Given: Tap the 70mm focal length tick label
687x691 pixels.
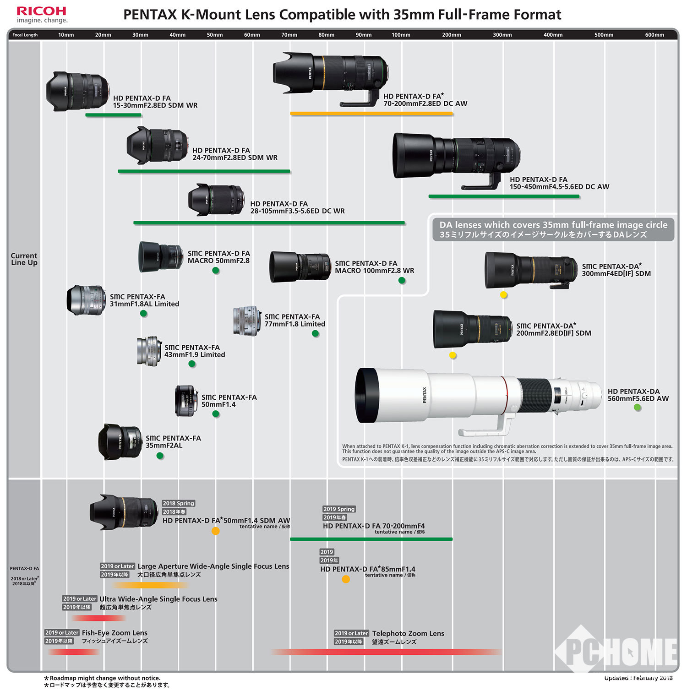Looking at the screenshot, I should point(289,35).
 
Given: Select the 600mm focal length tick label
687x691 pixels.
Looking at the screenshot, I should point(654,35).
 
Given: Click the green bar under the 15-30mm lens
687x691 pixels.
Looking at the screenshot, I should point(113,115).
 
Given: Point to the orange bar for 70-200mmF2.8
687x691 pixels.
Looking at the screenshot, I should point(371,114).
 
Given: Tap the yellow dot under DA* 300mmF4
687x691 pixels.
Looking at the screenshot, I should point(503,295).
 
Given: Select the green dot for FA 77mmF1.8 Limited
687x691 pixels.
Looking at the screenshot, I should point(315,334).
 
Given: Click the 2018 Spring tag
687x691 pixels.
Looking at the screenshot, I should point(179,503).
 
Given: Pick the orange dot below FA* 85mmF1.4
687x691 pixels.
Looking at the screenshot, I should point(346,579).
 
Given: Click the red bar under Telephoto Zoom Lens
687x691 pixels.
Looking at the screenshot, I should point(386,652).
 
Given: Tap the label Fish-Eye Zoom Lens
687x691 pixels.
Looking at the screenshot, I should point(114,633).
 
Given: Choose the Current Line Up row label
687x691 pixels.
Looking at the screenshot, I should point(24,259).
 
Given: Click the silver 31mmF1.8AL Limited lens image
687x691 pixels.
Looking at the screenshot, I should point(86,300).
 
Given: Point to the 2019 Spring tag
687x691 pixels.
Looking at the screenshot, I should point(339,509).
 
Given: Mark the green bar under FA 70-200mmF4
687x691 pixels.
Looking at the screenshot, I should point(371,539).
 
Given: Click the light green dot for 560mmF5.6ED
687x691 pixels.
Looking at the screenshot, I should point(637,407).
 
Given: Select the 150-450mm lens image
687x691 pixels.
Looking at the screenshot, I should point(456,158).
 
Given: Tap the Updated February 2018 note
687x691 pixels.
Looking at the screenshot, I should point(638,678).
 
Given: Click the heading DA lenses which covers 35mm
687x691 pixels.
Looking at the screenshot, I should point(553,225).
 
